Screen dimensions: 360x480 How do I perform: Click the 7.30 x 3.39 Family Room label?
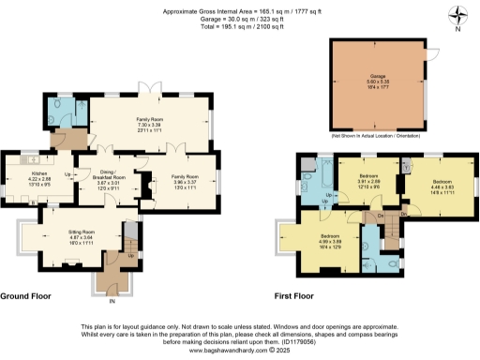149,119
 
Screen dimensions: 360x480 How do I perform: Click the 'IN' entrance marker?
112,302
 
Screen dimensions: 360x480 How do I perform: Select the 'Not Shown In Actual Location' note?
380,136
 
